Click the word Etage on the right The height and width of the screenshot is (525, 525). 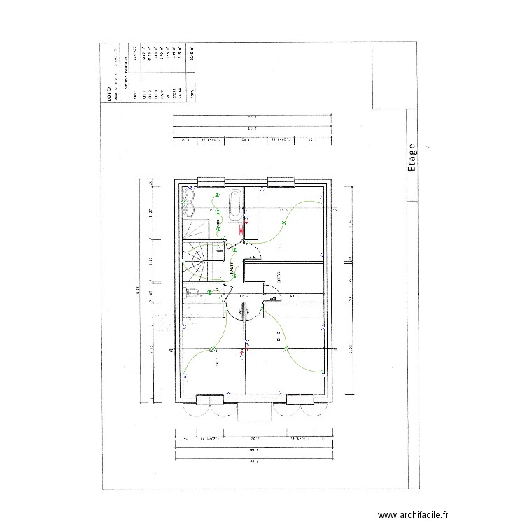412,157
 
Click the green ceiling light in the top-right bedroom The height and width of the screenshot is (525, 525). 283,223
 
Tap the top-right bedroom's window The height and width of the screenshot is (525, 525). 282,183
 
